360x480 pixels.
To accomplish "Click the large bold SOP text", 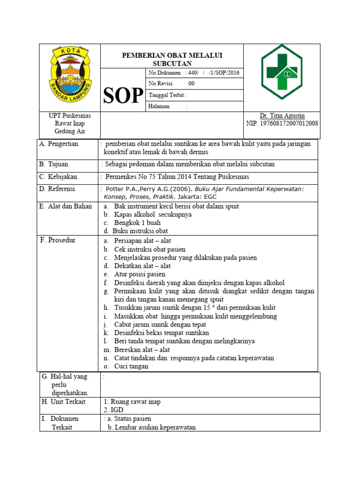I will click(123, 96).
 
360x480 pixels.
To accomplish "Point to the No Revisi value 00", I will click(191, 83).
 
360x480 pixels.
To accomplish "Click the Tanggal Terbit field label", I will click(167, 95).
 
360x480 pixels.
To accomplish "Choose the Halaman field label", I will click(159, 106).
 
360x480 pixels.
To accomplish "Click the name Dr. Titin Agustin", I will click(282, 116).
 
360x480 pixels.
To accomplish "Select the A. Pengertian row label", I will click(60, 144).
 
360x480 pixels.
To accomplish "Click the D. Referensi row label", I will click(58, 189).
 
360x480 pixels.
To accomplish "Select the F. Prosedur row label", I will click(58, 240).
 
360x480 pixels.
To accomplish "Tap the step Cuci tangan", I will click(131, 367).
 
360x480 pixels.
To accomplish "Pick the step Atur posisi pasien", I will click(140, 274).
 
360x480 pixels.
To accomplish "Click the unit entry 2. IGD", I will click(113, 410).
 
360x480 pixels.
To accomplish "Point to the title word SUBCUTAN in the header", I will click(172, 63).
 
